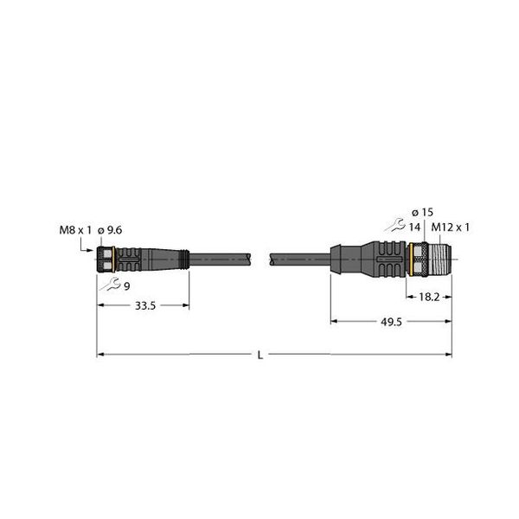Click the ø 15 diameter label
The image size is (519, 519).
point(422,213)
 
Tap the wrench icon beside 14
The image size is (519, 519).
point(397,226)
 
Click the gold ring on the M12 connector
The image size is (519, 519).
point(411,257)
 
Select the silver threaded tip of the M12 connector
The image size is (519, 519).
point(440,257)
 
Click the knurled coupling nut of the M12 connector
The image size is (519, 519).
point(421,257)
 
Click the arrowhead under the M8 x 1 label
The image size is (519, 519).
point(89,248)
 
